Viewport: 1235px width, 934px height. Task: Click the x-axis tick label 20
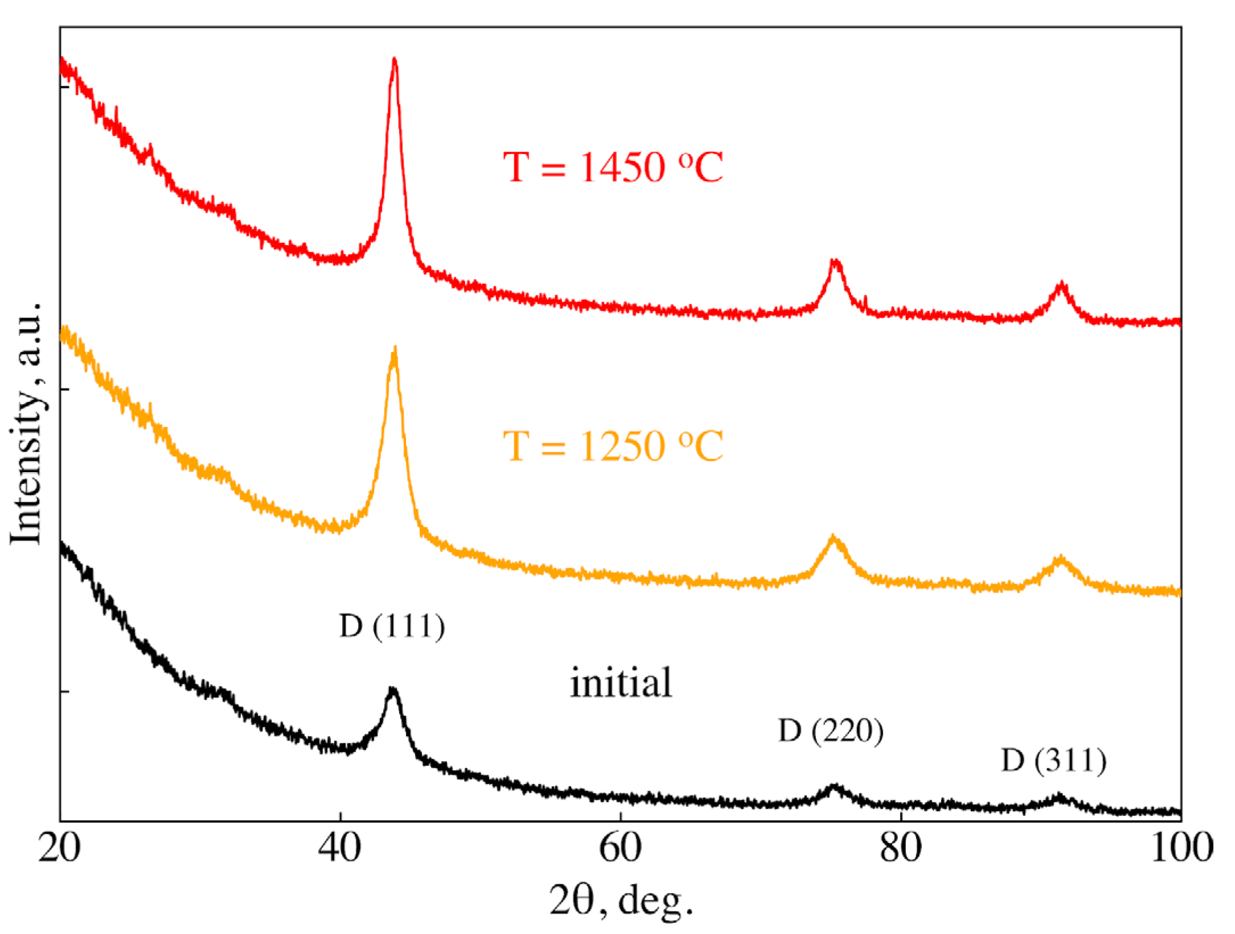[60, 848]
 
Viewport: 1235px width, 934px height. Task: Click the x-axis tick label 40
[339, 848]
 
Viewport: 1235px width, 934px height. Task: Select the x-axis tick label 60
[620, 848]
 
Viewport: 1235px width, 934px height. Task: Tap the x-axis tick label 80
[900, 848]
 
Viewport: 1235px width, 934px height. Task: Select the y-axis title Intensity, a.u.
[27, 424]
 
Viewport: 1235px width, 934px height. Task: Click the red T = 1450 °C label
[612, 167]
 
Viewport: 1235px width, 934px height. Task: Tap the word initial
[621, 683]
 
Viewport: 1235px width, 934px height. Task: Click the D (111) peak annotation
[392, 626]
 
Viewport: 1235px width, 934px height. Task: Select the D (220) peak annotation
[830, 731]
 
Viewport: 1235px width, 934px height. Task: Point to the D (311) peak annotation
[1054, 761]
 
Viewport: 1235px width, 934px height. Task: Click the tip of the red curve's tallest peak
[395, 59]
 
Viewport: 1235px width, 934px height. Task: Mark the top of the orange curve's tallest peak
[394, 349]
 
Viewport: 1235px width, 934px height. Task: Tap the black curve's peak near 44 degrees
[392, 690]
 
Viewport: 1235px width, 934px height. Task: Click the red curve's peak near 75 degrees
[835, 261]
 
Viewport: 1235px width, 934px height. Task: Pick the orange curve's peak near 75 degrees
[834, 537]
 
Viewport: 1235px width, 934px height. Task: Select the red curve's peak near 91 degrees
[1061, 284]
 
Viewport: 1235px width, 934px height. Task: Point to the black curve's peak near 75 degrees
[834, 787]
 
